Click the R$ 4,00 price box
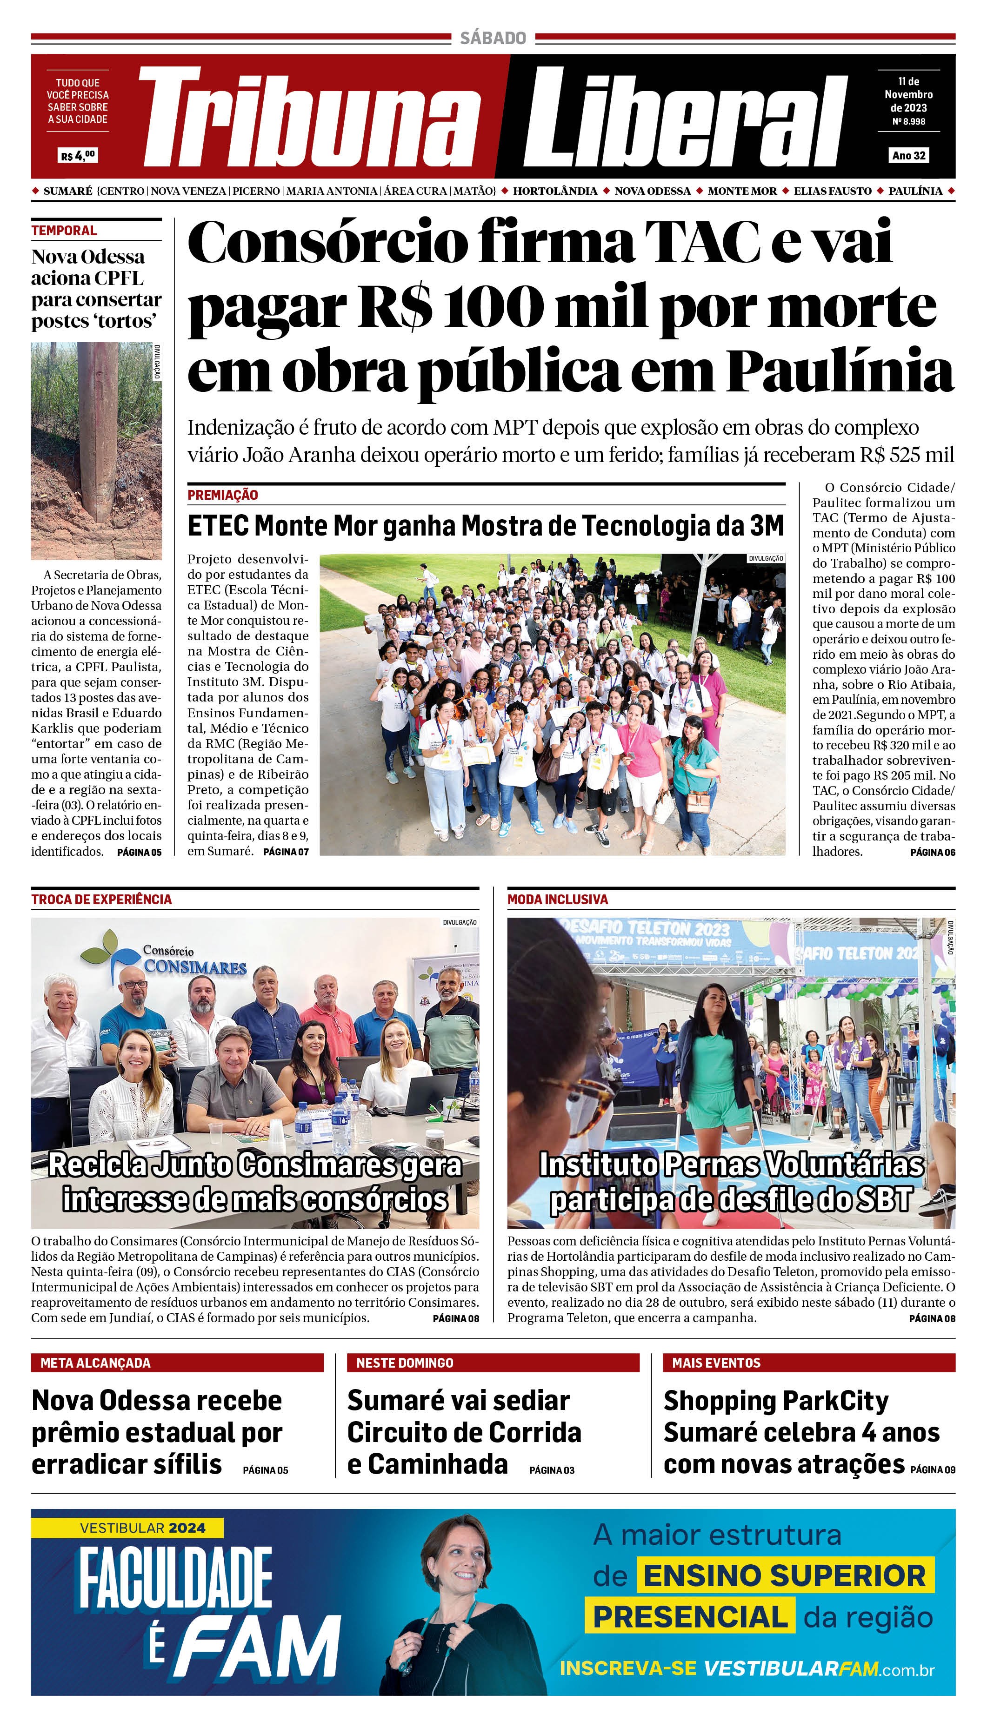pos(78,155)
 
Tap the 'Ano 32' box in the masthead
pos(908,155)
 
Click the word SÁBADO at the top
pos(493,38)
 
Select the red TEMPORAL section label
pos(64,231)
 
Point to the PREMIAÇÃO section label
pos(222,495)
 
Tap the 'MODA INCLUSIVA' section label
pos(557,899)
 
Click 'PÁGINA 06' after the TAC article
pos(932,852)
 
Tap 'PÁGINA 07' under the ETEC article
pos(286,852)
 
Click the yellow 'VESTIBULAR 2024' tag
pos(142,1528)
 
